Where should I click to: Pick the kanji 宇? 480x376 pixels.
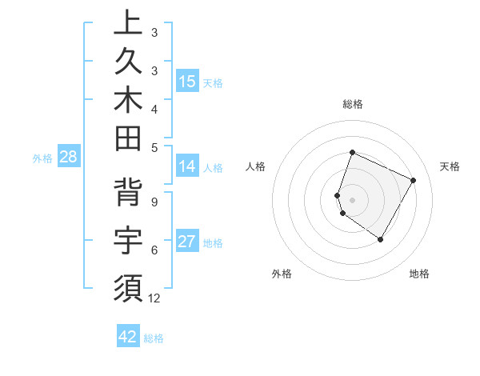(128, 239)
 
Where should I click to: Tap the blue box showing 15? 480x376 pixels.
(187, 81)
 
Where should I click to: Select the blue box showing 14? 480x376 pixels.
(187, 166)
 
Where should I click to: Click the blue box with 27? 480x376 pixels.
(187, 242)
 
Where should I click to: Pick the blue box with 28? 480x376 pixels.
(68, 157)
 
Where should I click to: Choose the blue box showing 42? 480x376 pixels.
(128, 337)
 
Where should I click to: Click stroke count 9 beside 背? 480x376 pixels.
(154, 202)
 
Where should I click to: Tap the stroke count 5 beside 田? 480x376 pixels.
(154, 146)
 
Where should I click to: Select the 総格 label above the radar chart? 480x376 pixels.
(352, 104)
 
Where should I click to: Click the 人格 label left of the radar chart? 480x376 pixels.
(256, 166)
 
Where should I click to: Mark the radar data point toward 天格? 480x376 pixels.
(414, 180)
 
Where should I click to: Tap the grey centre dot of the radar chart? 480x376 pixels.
(352, 199)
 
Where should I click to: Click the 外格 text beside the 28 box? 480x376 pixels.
(42, 158)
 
